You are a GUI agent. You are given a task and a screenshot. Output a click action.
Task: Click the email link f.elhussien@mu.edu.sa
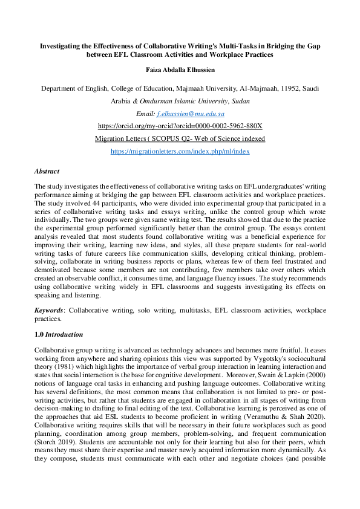[x=191, y=114]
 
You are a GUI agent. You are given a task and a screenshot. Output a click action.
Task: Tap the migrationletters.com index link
[x=180, y=152]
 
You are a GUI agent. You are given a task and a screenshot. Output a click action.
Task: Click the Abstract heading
[x=47, y=171]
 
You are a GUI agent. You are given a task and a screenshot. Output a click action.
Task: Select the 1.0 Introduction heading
[x=59, y=334]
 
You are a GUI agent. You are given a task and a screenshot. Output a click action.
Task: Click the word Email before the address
[x=146, y=114]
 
